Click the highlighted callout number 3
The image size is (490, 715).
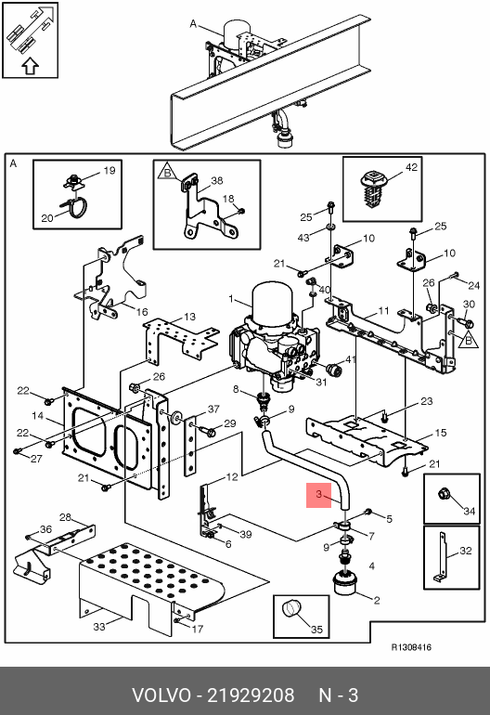(x=318, y=494)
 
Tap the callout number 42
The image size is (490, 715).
(x=411, y=167)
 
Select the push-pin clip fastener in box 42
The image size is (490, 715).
(x=374, y=188)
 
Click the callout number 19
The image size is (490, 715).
(x=110, y=171)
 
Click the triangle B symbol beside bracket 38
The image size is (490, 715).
(x=167, y=172)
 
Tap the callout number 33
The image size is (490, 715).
(x=99, y=627)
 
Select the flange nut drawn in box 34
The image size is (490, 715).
(x=444, y=494)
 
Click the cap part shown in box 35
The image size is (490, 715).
(x=291, y=609)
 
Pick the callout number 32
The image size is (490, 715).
(x=465, y=551)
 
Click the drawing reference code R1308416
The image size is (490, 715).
(x=411, y=647)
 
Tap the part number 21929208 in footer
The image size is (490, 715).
(x=251, y=695)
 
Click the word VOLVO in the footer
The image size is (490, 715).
(x=161, y=695)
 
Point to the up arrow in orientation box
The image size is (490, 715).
(x=30, y=66)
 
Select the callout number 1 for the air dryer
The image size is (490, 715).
(x=231, y=299)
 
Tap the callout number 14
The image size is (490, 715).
(x=37, y=416)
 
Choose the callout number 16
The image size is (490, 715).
(x=142, y=312)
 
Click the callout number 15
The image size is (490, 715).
(x=441, y=433)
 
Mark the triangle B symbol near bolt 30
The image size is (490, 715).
(x=468, y=340)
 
